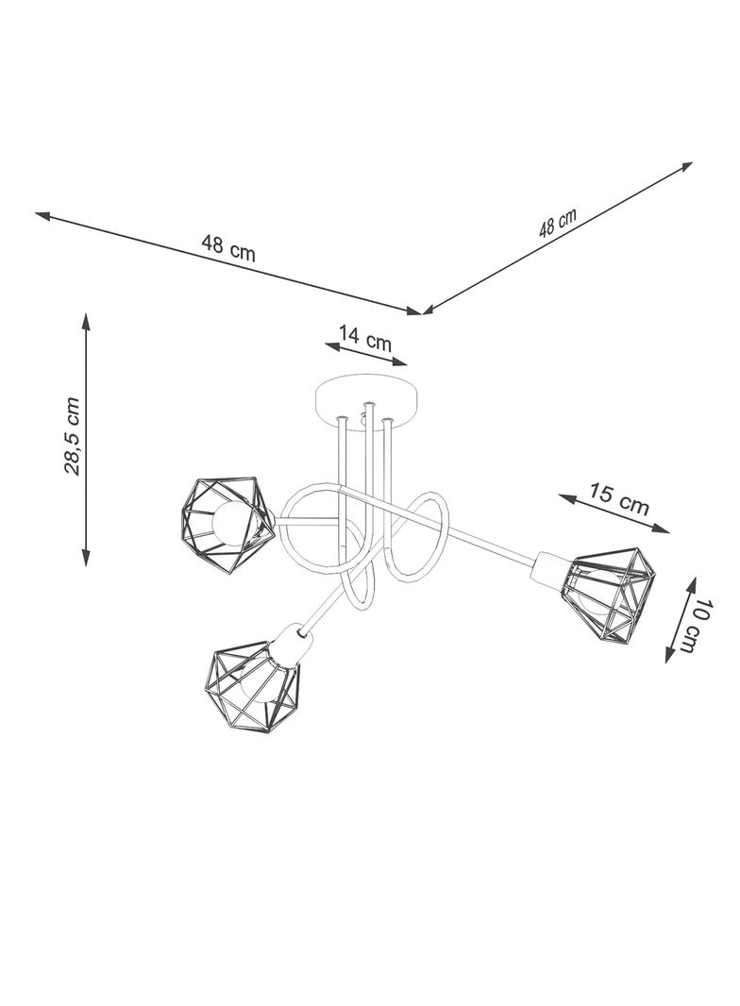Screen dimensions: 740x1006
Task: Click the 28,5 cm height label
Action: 73,436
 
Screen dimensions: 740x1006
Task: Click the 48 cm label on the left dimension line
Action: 228,247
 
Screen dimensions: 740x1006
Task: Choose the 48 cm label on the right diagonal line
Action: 558,223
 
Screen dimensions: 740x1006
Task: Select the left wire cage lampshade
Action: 227,524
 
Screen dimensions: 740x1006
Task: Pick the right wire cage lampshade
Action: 609,594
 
